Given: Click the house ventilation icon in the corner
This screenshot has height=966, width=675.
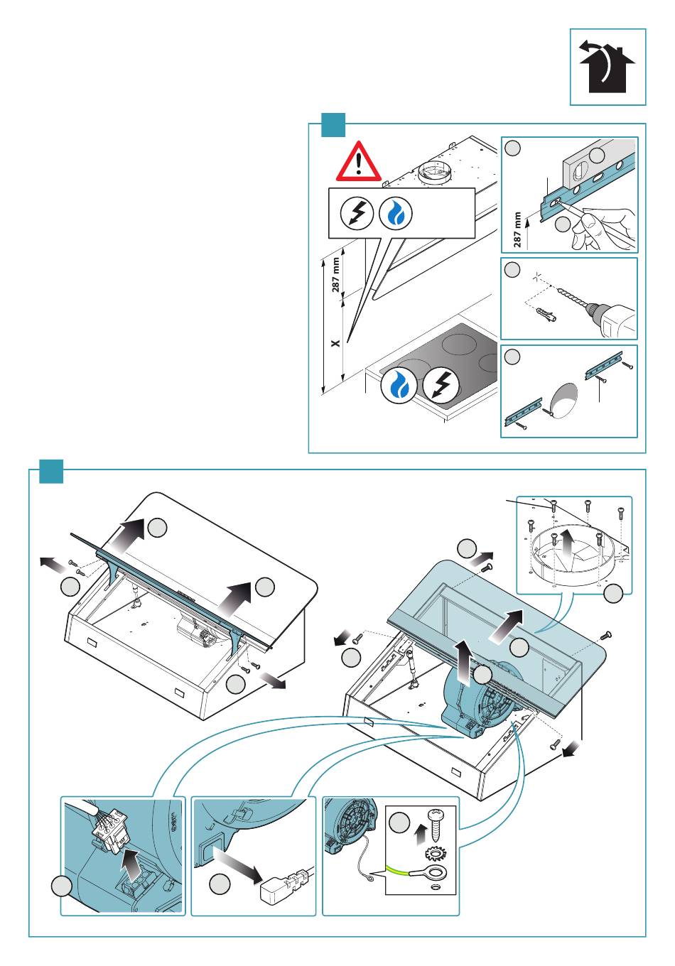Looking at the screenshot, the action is pos(607,67).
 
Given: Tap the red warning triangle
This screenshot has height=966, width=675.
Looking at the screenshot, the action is pos(358,161).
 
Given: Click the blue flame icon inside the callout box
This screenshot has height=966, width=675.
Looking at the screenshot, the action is pos(395,214).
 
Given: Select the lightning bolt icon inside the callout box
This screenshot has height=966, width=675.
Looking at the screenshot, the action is pos(357,213).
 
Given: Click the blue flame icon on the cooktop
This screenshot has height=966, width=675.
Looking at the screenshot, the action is pos(399,385).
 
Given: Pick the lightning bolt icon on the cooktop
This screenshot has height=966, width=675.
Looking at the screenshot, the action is pos(441,385).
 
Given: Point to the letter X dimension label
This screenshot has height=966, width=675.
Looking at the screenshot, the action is pos(335,343).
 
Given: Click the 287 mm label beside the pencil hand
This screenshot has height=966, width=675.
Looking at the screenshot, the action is pos(517,229).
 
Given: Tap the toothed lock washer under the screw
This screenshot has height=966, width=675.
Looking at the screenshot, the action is pos(436,853).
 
